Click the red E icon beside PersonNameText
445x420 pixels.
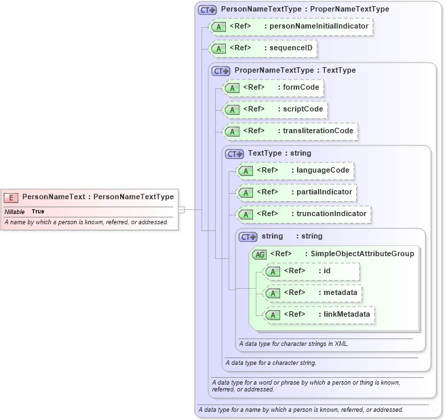click(11, 197)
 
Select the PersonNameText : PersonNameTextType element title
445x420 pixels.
click(98, 197)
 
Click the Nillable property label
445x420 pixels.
click(15, 211)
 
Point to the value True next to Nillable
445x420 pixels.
click(37, 211)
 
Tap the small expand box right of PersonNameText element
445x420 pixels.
click(181, 209)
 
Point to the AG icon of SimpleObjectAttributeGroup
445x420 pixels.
click(259, 254)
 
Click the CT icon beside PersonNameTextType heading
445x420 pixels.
click(207, 10)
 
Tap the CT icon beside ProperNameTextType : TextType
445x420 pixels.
click(220, 71)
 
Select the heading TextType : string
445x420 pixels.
click(279, 154)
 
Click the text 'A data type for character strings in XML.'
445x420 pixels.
click(294, 343)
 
